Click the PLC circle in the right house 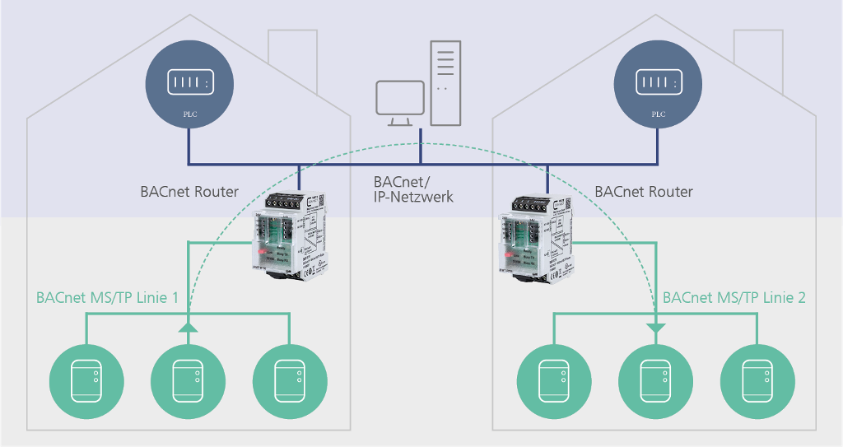click(657, 88)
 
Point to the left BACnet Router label click(189, 192)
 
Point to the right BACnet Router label click(644, 192)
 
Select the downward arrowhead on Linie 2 click(655, 329)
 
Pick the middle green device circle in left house click(188, 380)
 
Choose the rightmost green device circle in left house click(289, 380)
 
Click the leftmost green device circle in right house click(552, 380)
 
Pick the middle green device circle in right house click(655, 380)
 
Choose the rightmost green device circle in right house click(757, 380)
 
